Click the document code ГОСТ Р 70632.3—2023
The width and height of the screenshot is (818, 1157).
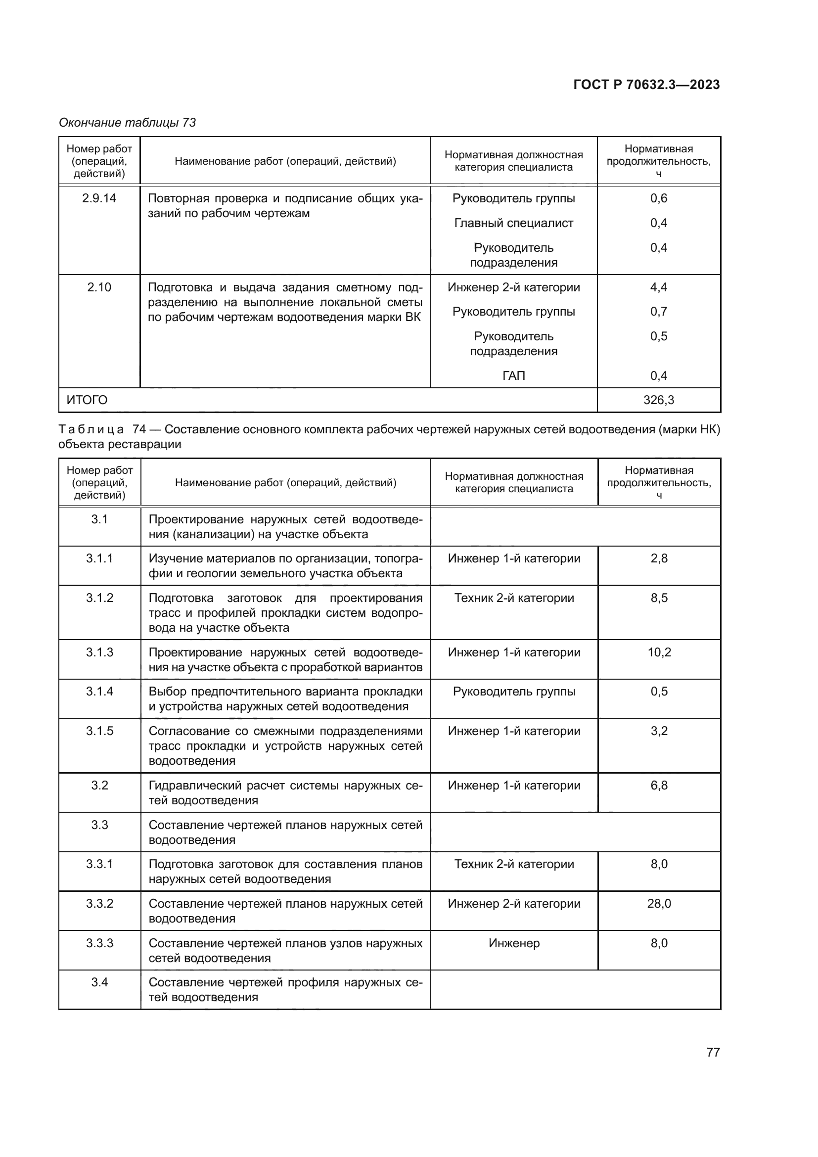[646, 85]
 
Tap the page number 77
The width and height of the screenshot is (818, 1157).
[713, 1052]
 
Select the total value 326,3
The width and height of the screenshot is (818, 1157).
[658, 400]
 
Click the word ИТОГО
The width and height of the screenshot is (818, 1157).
[87, 400]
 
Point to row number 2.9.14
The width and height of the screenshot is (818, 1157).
[99, 198]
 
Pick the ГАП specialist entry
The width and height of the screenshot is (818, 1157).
[513, 376]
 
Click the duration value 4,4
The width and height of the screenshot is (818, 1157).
[658, 287]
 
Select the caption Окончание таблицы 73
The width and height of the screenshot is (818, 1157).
[128, 123]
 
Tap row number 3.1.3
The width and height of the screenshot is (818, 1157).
[99, 652]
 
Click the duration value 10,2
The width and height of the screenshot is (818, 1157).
[659, 652]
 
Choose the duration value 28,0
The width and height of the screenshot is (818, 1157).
[659, 904]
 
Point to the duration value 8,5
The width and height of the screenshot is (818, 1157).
[659, 598]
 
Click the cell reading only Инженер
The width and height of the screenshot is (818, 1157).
[514, 943]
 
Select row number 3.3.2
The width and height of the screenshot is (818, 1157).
[99, 904]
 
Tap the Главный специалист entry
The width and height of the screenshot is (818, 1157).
[513, 223]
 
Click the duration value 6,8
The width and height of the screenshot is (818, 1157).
[659, 786]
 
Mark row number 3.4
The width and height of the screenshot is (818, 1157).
[99, 983]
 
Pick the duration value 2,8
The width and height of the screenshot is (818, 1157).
[659, 558]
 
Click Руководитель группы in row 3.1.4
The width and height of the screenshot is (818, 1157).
[514, 692]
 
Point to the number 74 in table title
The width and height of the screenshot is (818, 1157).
[139, 429]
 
